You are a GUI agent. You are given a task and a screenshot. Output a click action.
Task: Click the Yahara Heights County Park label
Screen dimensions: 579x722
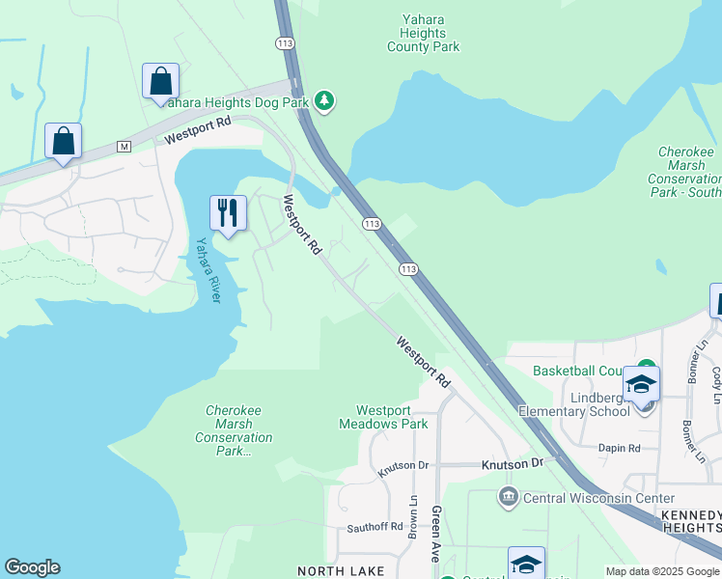coord(424,32)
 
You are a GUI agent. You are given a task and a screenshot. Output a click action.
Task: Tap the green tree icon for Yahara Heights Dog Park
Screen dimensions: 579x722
coord(325,100)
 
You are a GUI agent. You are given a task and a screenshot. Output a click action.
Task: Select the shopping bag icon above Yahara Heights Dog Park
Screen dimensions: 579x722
coord(160,81)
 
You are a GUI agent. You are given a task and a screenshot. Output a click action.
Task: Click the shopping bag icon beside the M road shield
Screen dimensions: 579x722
coord(63,141)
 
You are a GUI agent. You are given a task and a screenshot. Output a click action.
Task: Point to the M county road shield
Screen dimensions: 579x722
coord(123,146)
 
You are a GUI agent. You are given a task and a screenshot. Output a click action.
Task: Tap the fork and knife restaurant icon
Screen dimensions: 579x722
coord(228,213)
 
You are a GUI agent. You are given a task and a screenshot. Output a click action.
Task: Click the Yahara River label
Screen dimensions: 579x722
coord(208,270)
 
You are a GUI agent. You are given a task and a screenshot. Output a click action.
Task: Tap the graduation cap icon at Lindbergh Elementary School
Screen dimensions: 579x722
coord(642,384)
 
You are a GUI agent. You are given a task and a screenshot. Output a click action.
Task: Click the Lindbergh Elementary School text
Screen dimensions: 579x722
coord(573,404)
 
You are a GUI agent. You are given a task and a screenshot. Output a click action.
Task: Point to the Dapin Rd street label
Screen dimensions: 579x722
coord(619,448)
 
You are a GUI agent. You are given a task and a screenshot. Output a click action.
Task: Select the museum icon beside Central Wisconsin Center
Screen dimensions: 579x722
coord(509,497)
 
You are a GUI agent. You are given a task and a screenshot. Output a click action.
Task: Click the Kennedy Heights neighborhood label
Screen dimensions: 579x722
coord(690,522)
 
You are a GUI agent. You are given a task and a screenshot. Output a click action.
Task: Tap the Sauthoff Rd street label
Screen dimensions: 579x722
coord(375,527)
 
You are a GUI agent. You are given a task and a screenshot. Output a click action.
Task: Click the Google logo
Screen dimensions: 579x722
coord(32,567)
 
